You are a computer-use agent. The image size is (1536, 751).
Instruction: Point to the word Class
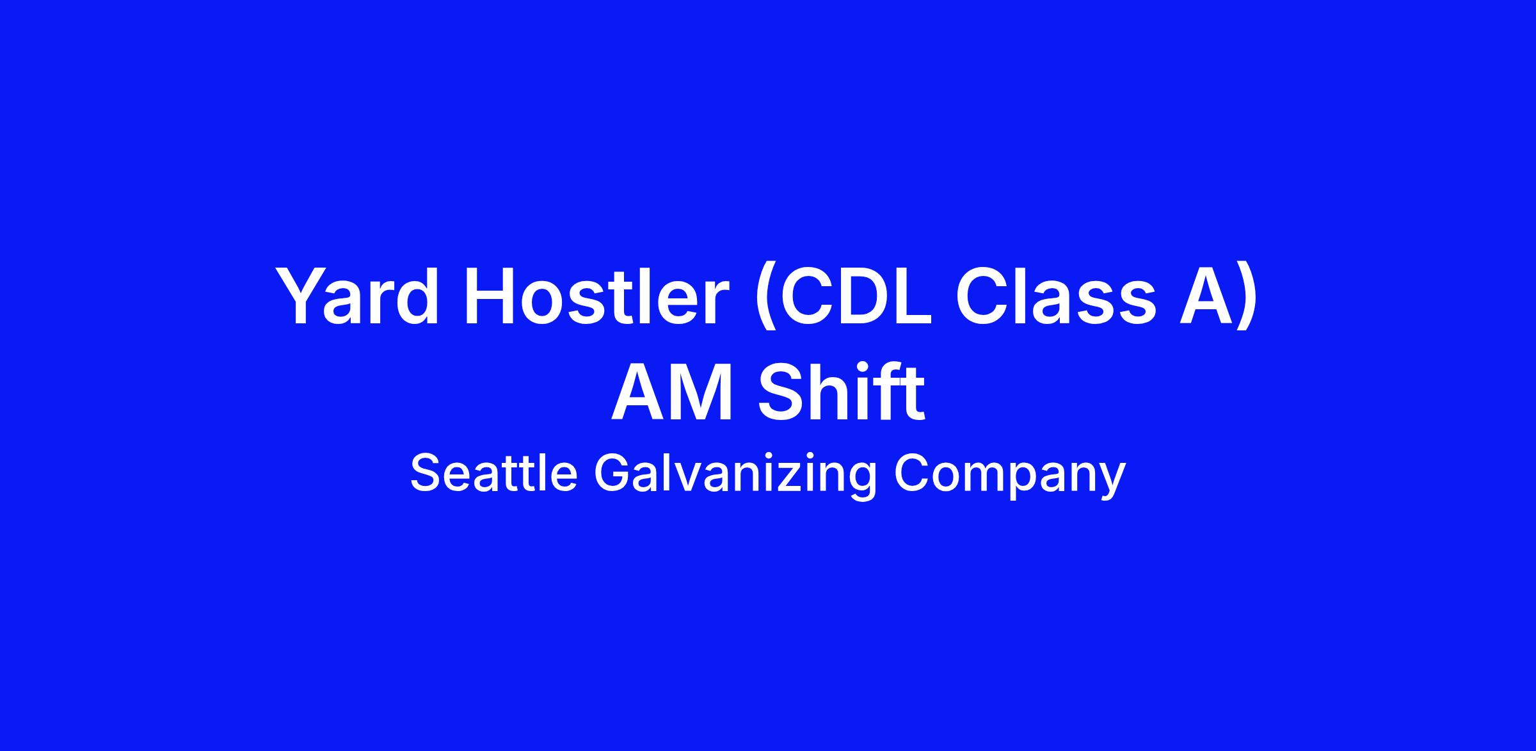click(1056, 296)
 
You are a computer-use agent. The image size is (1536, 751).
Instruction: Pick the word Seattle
click(494, 474)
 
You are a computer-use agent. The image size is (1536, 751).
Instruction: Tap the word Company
click(1009, 477)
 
